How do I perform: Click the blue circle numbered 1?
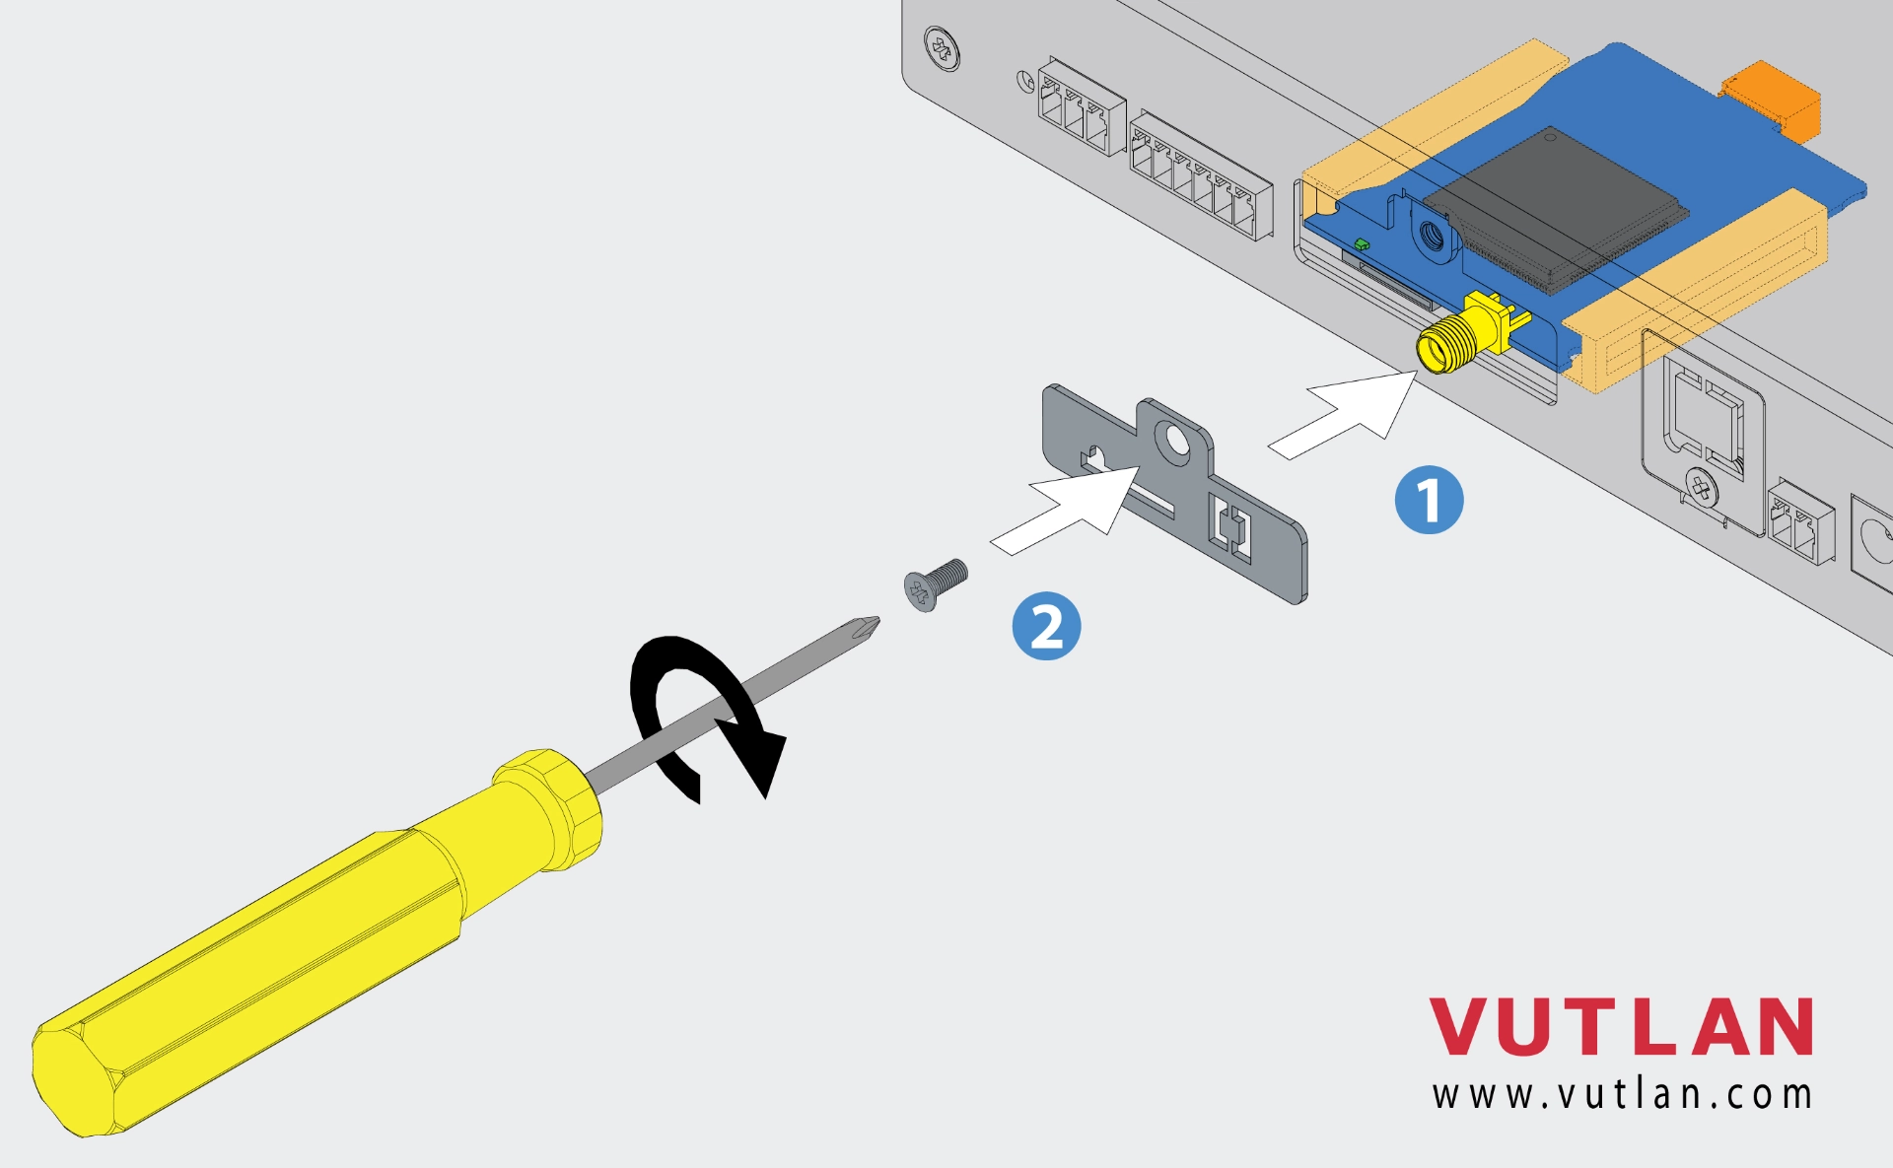[x=1429, y=500]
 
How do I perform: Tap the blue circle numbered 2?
[x=1046, y=626]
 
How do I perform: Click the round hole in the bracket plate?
[x=1174, y=440]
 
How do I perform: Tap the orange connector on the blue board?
[x=1772, y=97]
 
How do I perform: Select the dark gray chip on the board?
[x=1555, y=209]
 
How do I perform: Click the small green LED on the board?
[x=1362, y=243]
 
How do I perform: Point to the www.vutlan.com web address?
[x=1622, y=1095]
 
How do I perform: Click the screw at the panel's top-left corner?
[x=943, y=48]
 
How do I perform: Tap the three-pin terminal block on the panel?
[x=1080, y=106]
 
